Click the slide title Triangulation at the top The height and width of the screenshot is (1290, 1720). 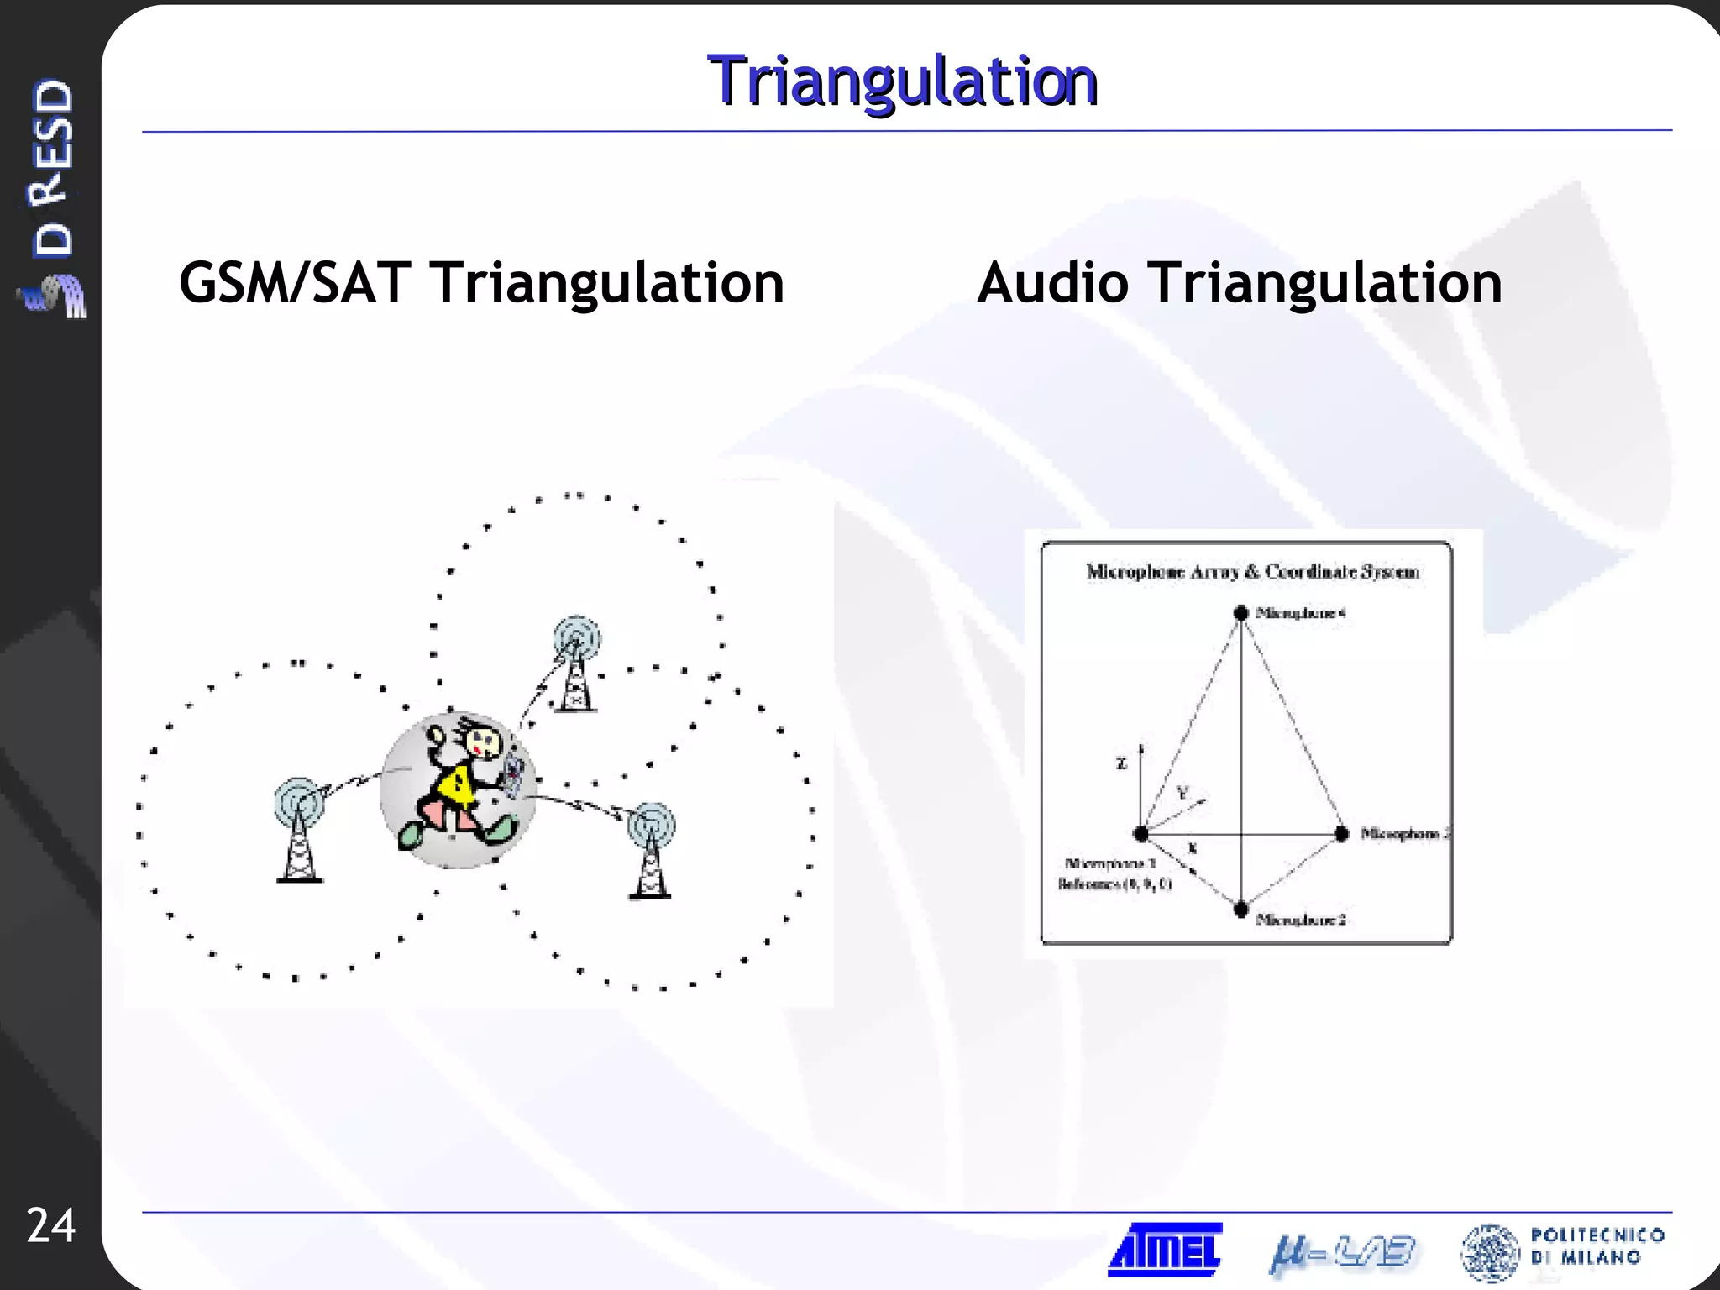[903, 81]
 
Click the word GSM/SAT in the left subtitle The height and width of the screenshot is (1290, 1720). [295, 283]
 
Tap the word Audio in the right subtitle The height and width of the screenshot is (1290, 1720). [1052, 283]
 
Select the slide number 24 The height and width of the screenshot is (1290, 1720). [50, 1225]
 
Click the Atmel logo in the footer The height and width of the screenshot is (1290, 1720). [1165, 1249]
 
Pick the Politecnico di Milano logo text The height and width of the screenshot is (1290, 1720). [1596, 1246]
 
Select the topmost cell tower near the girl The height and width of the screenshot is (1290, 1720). [576, 663]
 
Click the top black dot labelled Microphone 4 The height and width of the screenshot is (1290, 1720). [1240, 612]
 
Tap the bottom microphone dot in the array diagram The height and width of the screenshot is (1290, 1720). [1241, 910]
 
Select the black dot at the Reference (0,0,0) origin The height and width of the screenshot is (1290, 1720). [1141, 834]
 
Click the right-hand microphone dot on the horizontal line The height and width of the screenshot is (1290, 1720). [1342, 833]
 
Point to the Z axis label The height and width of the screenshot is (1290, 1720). [1121, 763]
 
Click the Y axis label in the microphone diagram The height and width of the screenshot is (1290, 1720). [1182, 792]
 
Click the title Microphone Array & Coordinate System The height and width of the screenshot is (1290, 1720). [1252, 572]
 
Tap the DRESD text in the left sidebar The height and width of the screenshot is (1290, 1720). [52, 168]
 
